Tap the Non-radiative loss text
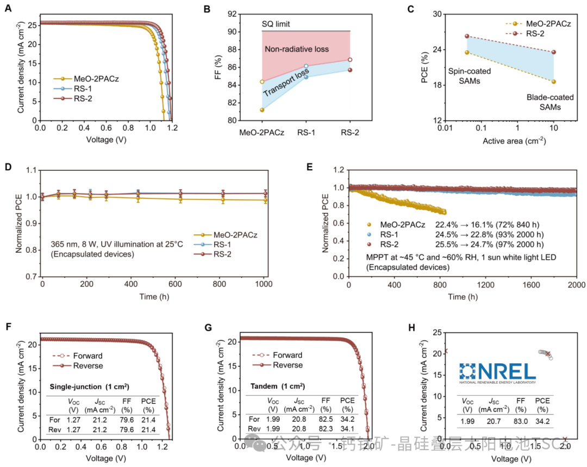(297, 49)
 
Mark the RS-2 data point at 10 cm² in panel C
(553, 52)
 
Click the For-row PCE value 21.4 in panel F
(149, 421)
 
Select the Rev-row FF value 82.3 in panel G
(326, 429)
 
